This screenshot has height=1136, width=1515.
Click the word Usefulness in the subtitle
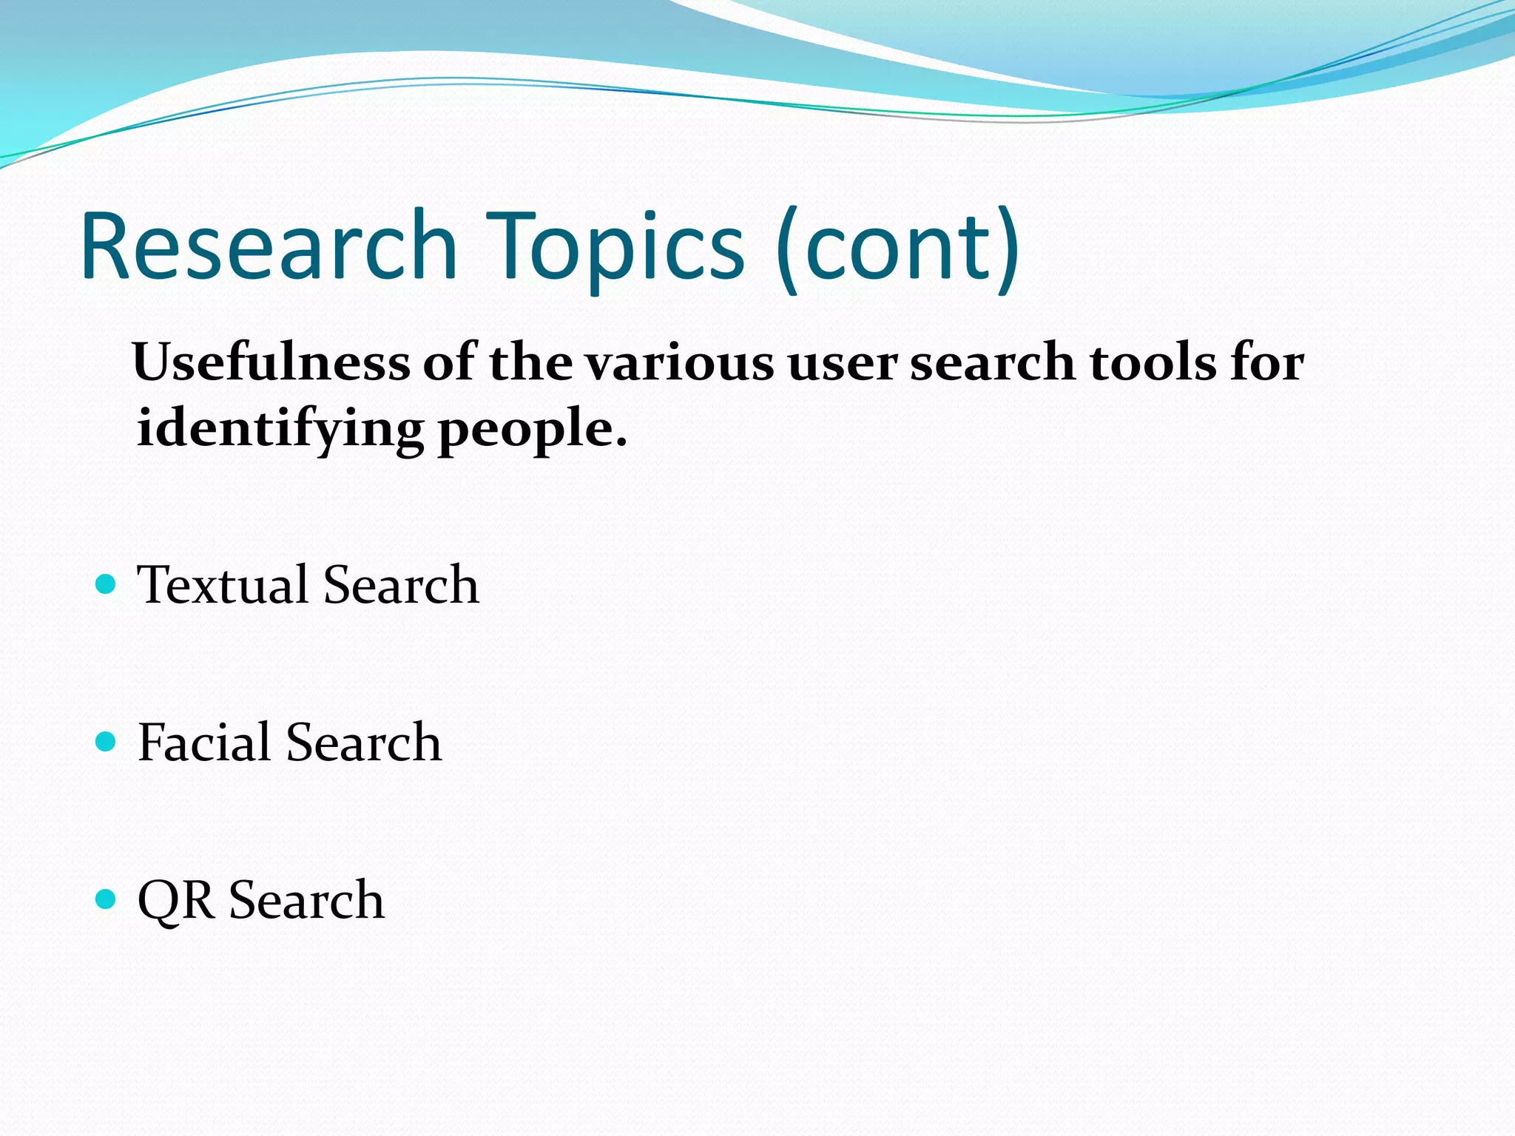click(271, 362)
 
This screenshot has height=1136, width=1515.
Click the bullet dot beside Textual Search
click(107, 584)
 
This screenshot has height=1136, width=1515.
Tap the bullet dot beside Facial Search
click(107, 741)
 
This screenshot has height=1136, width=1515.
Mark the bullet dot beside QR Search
click(107, 899)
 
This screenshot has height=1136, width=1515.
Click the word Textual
click(223, 585)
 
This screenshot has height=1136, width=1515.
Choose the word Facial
click(204, 742)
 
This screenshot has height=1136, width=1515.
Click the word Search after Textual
click(401, 585)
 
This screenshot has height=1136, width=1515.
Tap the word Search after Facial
click(364, 742)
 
